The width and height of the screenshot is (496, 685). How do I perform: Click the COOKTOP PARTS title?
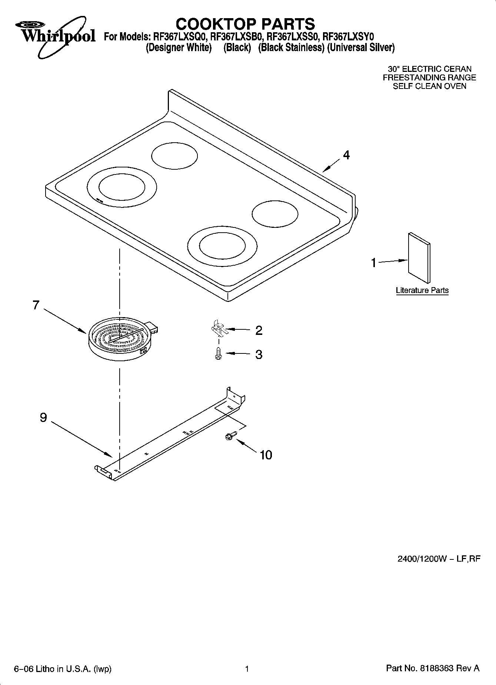tap(245, 24)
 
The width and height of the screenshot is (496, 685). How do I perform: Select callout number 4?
tap(346, 155)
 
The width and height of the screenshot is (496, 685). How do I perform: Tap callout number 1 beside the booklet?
tap(374, 263)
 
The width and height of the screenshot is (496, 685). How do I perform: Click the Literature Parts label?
tap(422, 290)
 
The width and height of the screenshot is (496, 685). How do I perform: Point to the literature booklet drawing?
tap(419, 257)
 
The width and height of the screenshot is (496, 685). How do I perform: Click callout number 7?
tap(36, 305)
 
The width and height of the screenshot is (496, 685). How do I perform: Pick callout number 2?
tap(259, 330)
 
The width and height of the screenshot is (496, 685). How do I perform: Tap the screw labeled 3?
tap(219, 354)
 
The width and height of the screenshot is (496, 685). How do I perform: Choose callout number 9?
tap(43, 418)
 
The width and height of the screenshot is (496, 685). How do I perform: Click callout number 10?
tap(266, 455)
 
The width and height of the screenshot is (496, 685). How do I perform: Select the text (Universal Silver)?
tap(361, 48)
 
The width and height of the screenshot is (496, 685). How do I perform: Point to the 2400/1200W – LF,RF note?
tap(439, 559)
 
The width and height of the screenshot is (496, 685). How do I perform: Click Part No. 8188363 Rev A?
tap(433, 668)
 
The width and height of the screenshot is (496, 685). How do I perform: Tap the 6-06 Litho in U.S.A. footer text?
tap(62, 669)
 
